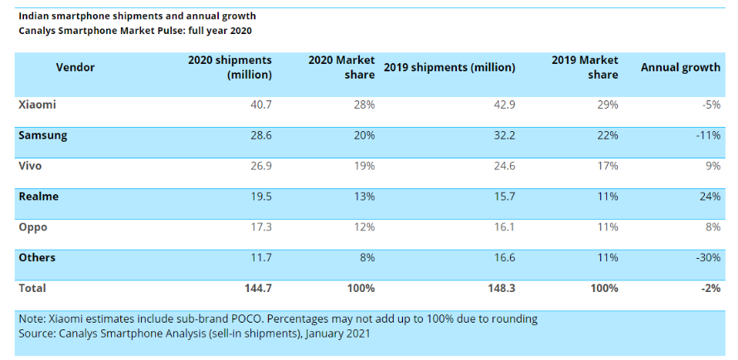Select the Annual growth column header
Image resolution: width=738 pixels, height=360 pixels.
pos(680,67)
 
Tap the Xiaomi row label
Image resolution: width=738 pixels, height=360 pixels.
pos(36,105)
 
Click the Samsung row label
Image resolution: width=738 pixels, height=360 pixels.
pos(42,135)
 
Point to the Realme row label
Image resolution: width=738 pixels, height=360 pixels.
pos(38,197)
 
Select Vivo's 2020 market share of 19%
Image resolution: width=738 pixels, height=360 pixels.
pos(364,166)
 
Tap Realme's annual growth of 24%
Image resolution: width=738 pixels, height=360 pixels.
pos(710,197)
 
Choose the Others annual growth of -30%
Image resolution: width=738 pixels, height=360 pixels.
pos(707,258)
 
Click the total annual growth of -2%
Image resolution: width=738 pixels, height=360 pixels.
pos(710,289)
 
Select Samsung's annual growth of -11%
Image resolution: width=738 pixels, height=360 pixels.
pos(707,135)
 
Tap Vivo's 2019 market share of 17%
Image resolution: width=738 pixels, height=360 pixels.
pos(607,166)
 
